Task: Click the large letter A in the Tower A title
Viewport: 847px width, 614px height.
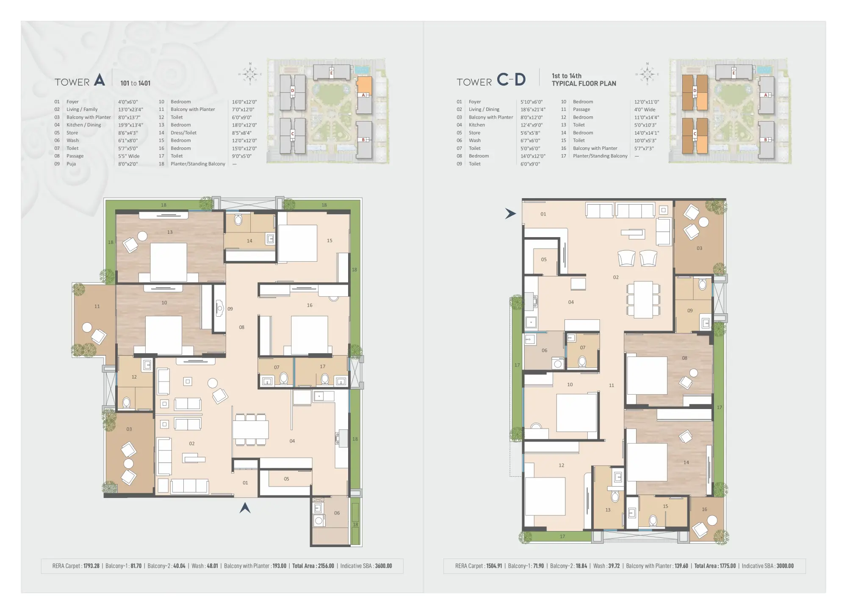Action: point(99,80)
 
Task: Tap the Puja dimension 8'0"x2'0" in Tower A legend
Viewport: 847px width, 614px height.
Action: point(128,164)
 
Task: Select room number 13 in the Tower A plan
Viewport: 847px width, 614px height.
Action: point(170,232)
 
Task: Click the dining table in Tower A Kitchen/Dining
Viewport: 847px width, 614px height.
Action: point(250,430)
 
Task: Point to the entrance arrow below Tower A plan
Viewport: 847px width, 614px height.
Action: point(245,508)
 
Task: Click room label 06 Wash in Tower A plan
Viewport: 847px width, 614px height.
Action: point(337,513)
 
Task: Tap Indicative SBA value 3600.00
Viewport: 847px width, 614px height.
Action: point(383,566)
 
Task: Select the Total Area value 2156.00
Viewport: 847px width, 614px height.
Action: point(326,566)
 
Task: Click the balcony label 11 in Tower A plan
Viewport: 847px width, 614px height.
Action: point(97,306)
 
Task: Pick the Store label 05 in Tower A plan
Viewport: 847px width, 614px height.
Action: point(286,479)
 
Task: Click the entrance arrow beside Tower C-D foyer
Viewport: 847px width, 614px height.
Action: point(510,214)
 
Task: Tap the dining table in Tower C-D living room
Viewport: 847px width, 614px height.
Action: point(643,299)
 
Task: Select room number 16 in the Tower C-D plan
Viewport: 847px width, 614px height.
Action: point(704,509)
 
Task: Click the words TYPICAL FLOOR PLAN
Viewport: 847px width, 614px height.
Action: point(584,83)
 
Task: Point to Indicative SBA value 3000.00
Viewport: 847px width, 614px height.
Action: point(785,566)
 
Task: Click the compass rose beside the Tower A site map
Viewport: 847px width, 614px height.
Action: point(250,74)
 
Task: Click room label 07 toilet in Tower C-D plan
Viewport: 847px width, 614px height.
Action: point(583,347)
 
